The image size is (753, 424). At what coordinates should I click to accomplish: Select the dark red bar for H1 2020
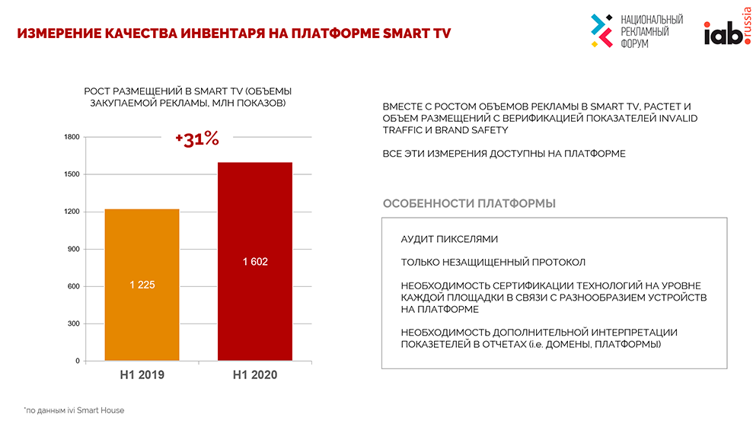(x=255, y=304)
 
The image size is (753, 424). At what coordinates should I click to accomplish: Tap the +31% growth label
(x=196, y=139)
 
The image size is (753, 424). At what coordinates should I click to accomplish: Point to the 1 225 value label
(x=142, y=285)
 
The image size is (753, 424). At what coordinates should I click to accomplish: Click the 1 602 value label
(x=255, y=262)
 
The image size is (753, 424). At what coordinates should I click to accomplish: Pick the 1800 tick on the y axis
(x=72, y=137)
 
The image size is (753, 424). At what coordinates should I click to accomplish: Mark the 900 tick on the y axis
(x=73, y=249)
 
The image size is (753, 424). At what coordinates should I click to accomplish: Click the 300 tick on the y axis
(x=73, y=324)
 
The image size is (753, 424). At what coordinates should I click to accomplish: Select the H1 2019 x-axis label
(x=142, y=375)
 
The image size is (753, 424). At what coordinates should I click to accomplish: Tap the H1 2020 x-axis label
(x=255, y=375)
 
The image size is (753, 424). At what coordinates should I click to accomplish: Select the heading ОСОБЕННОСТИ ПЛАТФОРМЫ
(x=469, y=204)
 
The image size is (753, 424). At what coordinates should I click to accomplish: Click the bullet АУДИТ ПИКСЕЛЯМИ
(x=449, y=239)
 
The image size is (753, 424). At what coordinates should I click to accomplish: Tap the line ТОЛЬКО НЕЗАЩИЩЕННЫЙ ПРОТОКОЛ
(x=493, y=262)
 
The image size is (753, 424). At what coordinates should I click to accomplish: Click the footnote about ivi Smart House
(x=74, y=410)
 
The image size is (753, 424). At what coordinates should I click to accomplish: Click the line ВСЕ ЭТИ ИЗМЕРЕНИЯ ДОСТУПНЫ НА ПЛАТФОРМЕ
(x=504, y=154)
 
